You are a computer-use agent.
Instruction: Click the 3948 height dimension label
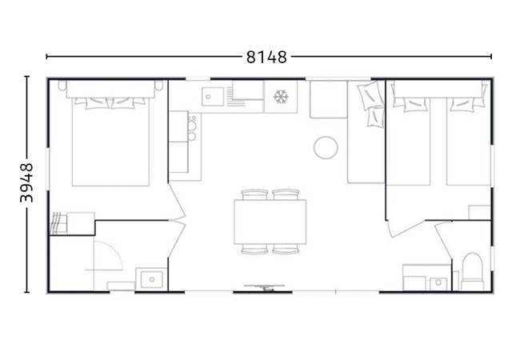[26, 185]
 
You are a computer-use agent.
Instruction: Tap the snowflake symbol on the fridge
[280, 97]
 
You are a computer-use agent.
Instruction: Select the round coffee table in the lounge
[325, 147]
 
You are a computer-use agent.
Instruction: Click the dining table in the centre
[270, 222]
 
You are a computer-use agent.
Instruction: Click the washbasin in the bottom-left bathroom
[150, 279]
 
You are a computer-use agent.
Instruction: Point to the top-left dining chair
[254, 194]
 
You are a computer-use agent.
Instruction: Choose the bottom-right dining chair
[286, 250]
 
